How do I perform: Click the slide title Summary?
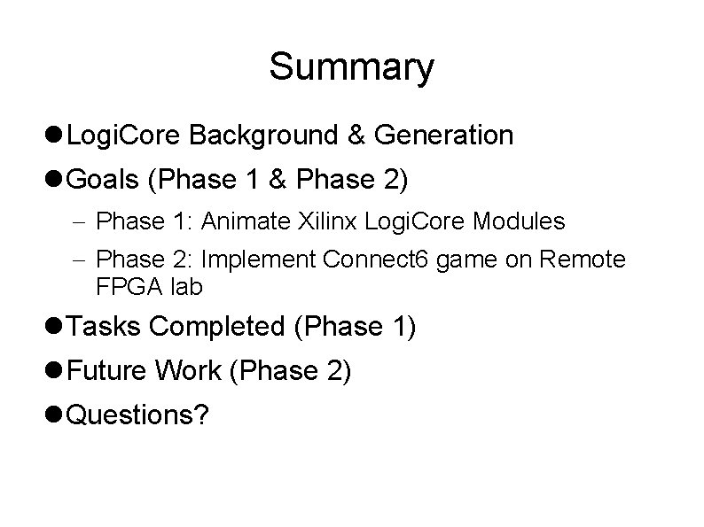click(352, 67)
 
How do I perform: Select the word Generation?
click(443, 136)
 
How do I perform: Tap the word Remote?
click(591, 260)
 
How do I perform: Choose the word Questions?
click(138, 415)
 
